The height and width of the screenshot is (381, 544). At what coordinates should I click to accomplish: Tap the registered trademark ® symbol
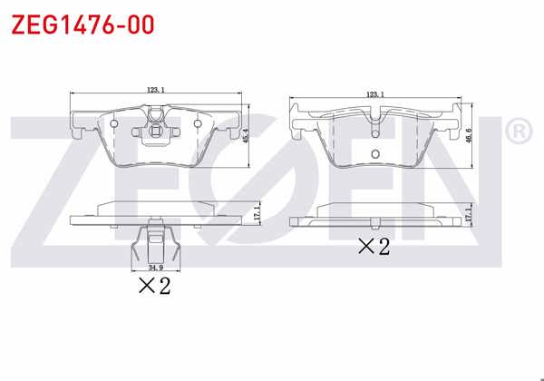pyautogui.click(x=517, y=132)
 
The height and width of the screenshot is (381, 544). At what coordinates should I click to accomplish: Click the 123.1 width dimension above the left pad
pyautogui.click(x=155, y=89)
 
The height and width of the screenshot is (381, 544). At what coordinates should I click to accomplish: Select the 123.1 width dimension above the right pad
pyautogui.click(x=375, y=94)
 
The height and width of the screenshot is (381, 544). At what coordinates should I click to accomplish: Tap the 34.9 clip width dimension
pyautogui.click(x=154, y=269)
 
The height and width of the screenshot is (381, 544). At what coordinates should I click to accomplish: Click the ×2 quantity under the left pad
pyautogui.click(x=154, y=287)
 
